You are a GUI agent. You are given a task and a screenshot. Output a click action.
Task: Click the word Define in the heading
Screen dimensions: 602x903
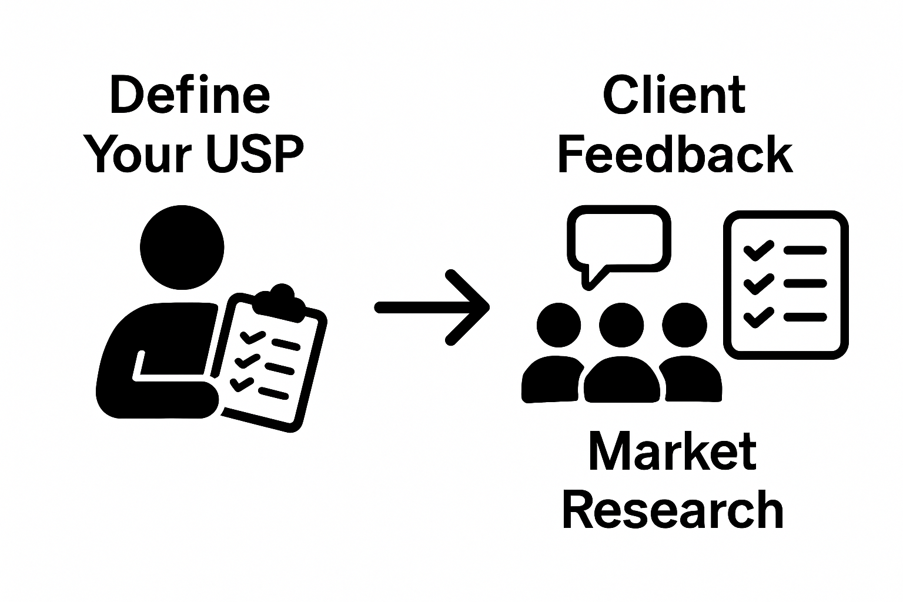pos(189,96)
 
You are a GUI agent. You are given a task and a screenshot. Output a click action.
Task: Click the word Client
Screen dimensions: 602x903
pos(674,96)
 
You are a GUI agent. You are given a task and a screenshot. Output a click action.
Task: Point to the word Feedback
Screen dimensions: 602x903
pos(675,153)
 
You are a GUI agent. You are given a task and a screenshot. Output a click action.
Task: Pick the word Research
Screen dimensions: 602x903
pos(673,510)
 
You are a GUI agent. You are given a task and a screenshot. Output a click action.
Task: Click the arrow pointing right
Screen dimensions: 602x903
pos(433,307)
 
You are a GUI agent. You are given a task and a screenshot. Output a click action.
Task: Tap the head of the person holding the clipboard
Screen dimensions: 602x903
pos(182,248)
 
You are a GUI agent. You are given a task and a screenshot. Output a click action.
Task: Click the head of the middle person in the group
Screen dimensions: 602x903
pos(621,325)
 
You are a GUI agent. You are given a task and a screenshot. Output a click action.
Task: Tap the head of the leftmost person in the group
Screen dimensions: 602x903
pos(558,325)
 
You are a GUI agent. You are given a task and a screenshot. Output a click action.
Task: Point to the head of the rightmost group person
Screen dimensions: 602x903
pos(684,325)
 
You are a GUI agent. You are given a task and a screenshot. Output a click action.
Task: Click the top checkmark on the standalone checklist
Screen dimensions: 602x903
pos(758,250)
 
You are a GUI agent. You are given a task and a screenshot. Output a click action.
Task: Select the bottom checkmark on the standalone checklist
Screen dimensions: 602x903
pos(758,317)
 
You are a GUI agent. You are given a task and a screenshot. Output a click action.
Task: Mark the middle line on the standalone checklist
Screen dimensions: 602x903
pos(805,284)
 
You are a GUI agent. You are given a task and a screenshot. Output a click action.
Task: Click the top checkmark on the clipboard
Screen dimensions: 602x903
pos(253,337)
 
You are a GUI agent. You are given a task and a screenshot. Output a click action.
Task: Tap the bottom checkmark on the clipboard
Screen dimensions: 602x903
pos(241,384)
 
